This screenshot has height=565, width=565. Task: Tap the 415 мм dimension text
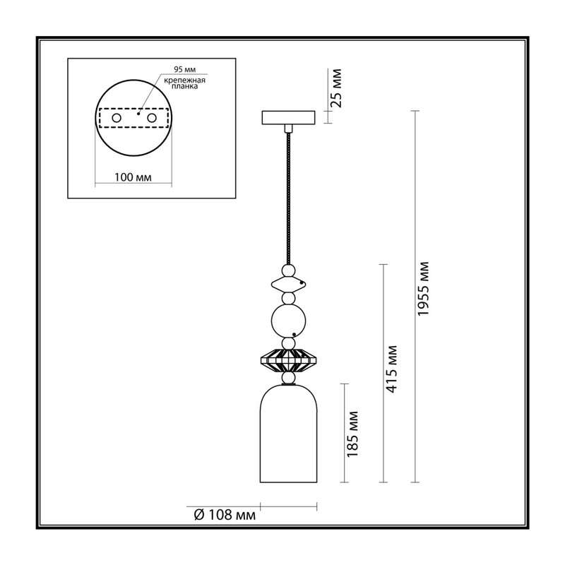point(391,369)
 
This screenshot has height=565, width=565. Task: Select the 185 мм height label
point(352,434)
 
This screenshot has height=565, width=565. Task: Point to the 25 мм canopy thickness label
point(336,88)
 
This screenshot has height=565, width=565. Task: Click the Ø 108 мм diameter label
point(225,515)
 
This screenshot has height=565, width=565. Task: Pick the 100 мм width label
point(133,177)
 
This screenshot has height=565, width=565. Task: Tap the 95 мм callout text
point(185,69)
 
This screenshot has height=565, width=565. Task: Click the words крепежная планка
point(184,83)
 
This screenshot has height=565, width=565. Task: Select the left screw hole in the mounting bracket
point(117,118)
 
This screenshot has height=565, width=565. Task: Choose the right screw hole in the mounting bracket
point(152,118)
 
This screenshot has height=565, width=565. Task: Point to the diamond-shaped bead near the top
point(289,285)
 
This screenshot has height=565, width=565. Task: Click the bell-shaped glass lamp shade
point(288,433)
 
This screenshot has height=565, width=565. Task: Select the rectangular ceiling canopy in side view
point(288,117)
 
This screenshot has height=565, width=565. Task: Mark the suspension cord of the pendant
point(288,199)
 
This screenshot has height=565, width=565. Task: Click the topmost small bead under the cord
point(288,270)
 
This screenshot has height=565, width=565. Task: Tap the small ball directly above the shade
point(288,378)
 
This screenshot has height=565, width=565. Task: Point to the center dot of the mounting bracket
point(138,114)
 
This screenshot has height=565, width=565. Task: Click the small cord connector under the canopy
point(288,129)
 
